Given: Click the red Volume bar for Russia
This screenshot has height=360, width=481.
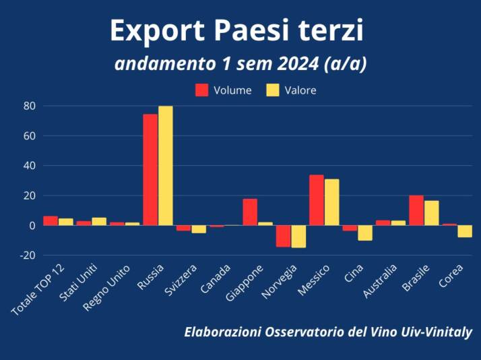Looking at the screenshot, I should pos(150,169).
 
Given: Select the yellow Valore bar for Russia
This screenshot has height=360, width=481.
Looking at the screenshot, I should pos(165,166).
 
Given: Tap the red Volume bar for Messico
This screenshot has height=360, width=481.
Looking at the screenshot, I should pos(317,200).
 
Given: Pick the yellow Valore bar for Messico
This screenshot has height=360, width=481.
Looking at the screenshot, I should pos(331,202).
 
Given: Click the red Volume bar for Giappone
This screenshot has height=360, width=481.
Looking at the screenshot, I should pos(250,212).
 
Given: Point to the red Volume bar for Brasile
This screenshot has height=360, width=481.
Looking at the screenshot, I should pos(416,210).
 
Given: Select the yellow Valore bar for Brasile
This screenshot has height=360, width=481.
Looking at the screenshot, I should pos(431,213).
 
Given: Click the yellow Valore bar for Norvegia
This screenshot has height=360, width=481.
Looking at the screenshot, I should pos(298,236).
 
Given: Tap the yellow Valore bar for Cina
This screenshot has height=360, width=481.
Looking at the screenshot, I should pos(365,233).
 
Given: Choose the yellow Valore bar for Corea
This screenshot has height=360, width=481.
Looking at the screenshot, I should pos(465,231).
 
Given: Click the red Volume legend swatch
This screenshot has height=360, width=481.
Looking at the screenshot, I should pos(201,90).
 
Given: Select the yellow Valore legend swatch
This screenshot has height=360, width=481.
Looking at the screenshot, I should pos(273,90).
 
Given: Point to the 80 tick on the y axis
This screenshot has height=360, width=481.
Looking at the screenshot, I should pos(29,106).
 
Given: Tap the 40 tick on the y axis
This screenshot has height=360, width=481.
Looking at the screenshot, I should pos(29,166).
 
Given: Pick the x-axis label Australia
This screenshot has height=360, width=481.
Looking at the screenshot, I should pos(381,282).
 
